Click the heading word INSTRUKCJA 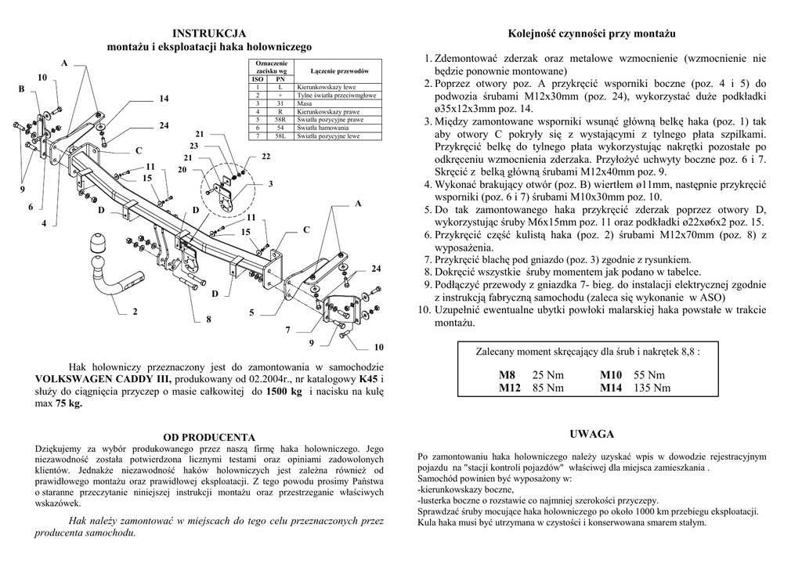[x=209, y=33]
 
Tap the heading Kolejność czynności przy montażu [x=591, y=34]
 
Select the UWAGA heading [x=591, y=434]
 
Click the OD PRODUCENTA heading [x=209, y=436]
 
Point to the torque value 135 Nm [x=653, y=388]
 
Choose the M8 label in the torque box [x=508, y=375]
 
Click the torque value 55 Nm [x=648, y=375]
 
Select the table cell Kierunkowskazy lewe [x=327, y=87]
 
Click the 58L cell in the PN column [x=280, y=136]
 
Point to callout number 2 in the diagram [x=135, y=312]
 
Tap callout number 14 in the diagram [x=164, y=99]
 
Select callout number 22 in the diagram [x=266, y=156]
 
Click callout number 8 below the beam [x=208, y=320]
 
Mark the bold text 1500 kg [x=284, y=392]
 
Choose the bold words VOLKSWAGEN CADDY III [x=96, y=379]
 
